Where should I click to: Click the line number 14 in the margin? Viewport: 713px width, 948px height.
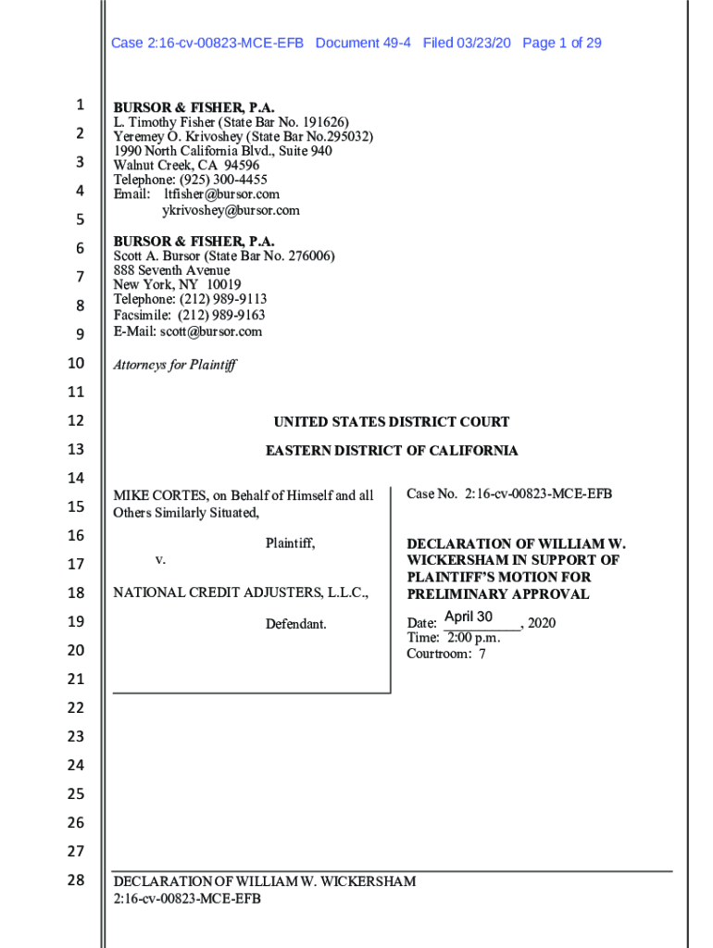coord(75,478)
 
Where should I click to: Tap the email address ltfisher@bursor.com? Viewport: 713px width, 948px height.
coord(221,194)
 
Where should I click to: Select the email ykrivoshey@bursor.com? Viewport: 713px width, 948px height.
coord(231,210)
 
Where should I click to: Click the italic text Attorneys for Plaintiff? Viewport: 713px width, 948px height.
coord(174,365)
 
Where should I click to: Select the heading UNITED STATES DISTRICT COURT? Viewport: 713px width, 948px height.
coord(391,422)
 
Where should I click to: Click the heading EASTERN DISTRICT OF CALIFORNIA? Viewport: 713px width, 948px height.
coord(391,451)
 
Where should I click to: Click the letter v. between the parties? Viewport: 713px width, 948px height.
coord(160,560)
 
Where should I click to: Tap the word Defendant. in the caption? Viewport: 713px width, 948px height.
coord(295,625)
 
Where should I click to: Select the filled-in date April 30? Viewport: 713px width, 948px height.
coord(469,617)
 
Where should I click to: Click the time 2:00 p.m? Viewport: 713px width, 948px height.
coord(473,638)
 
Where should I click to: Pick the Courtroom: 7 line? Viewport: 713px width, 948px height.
coord(446,654)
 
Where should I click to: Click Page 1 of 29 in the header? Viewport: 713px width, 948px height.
coord(562,43)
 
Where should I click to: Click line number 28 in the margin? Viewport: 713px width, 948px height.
coord(75,879)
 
